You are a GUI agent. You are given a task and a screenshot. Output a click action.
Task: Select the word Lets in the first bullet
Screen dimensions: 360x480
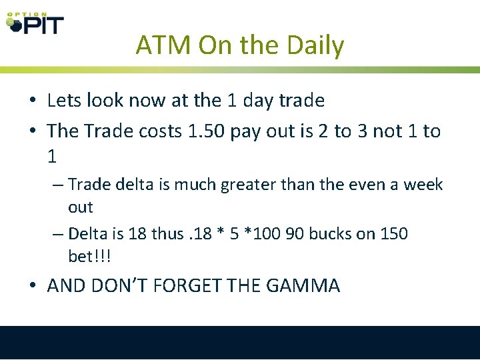65,101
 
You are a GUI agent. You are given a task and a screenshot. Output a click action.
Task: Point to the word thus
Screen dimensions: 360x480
166,233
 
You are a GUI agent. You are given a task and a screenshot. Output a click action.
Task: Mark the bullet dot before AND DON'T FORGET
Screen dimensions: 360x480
33,287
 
